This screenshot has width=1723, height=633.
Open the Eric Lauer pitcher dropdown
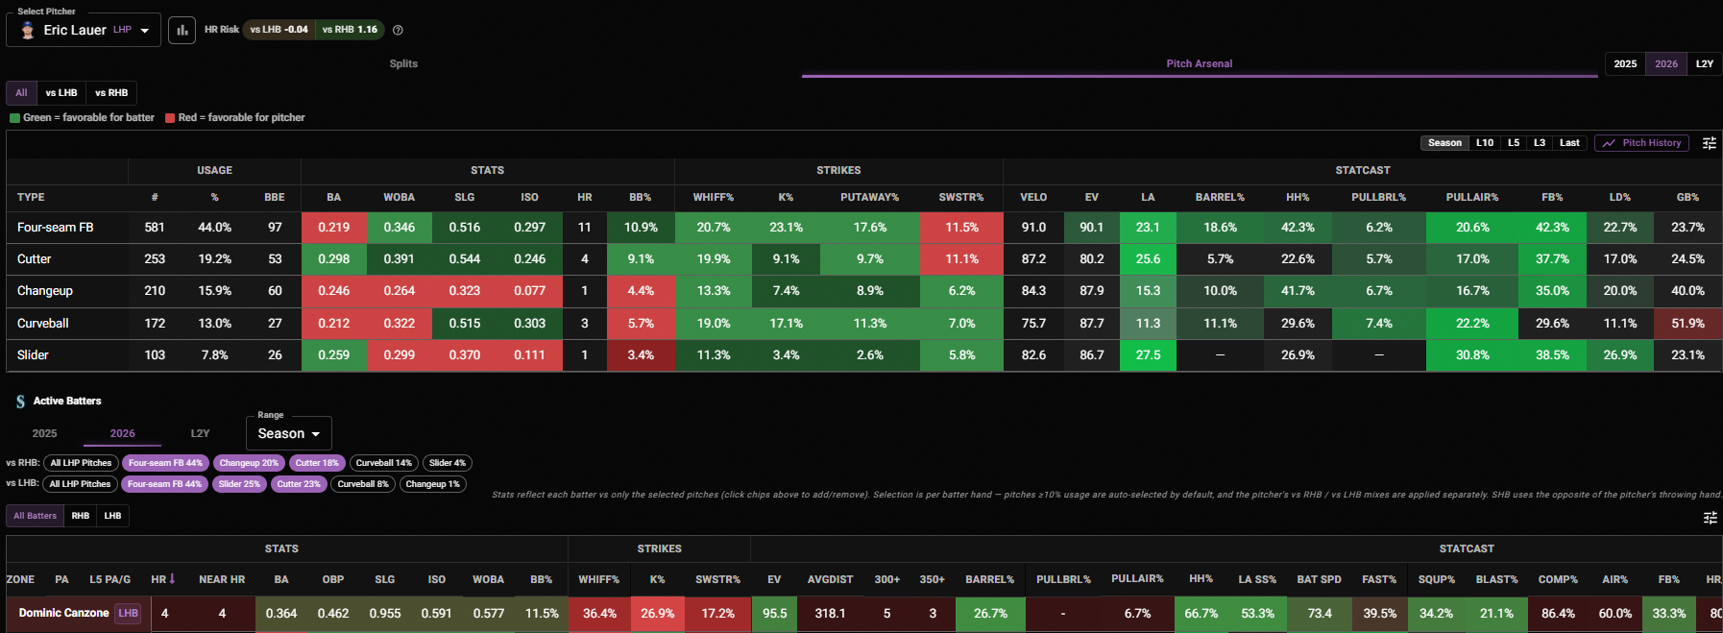pyautogui.click(x=84, y=30)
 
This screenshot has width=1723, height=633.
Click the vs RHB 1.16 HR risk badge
pyautogui.click(x=350, y=30)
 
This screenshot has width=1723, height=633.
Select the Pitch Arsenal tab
pyautogui.click(x=1199, y=63)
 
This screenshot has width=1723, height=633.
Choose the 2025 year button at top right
pyautogui.click(x=1625, y=63)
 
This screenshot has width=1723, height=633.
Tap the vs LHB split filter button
pyautogui.click(x=61, y=93)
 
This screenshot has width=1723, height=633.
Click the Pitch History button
pyautogui.click(x=1641, y=143)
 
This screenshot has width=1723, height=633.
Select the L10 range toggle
pyautogui.click(x=1485, y=143)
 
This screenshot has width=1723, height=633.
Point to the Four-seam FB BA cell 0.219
pyautogui.click(x=334, y=228)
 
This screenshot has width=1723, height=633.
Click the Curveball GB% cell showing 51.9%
pyautogui.click(x=1687, y=324)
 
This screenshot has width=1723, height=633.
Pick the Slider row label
pyautogui.click(x=33, y=355)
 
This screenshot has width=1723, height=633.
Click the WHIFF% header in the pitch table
pyautogui.click(x=714, y=197)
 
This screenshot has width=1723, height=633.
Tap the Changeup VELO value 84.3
pyautogui.click(x=1033, y=291)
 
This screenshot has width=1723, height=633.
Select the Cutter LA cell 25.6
pyautogui.click(x=1148, y=259)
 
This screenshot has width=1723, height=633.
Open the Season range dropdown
pyautogui.click(x=289, y=433)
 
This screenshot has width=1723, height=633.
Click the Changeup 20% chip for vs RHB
pyautogui.click(x=249, y=463)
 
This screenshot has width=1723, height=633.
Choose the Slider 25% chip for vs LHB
pyautogui.click(x=239, y=484)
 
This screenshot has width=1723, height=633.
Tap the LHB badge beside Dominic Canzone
pyautogui.click(x=128, y=613)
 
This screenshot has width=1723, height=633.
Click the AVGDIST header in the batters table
pyautogui.click(x=830, y=579)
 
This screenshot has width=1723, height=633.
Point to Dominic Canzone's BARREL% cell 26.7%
pyautogui.click(x=990, y=613)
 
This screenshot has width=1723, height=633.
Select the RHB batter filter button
pyautogui.click(x=81, y=516)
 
